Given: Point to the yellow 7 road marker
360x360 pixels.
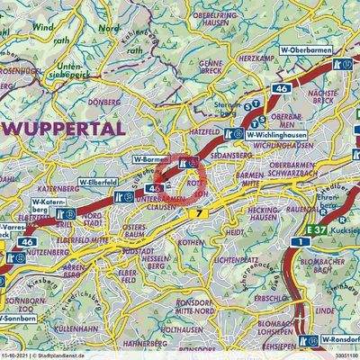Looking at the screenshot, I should tap(199, 211).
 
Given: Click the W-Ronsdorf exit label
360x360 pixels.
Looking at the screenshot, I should tap(339, 340).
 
